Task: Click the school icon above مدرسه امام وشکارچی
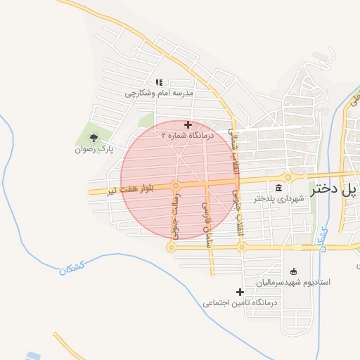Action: coord(159,82)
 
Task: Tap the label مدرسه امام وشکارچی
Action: coord(159,93)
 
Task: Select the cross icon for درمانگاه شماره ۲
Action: coord(187,124)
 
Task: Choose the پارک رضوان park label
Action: coord(95,150)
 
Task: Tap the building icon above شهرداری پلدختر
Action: coord(280,188)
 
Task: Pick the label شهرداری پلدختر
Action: coord(280,199)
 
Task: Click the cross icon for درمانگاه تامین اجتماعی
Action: coord(240,292)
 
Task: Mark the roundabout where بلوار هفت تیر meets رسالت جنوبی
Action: coord(176,186)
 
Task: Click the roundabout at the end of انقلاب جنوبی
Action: coord(240,247)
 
